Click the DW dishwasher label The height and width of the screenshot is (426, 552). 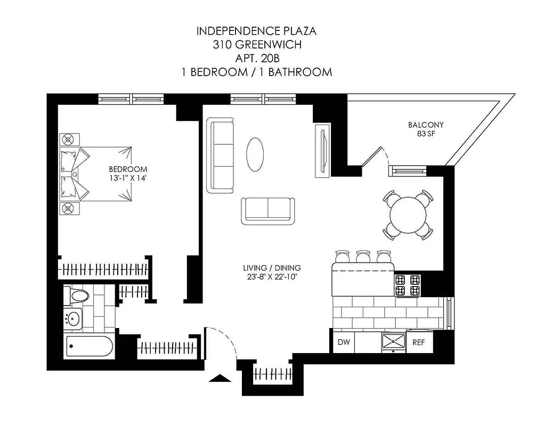tap(344, 342)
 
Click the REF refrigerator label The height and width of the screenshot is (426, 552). tap(419, 342)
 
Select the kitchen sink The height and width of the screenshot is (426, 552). tap(393, 342)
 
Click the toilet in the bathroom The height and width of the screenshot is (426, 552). tap(75, 296)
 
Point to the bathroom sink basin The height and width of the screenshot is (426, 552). tap(73, 319)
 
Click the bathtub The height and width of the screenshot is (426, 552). tap(89, 348)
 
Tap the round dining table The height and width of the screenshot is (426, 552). tap(408, 215)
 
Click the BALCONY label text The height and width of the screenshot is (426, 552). tap(426, 125)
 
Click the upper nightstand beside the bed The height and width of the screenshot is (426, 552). tap(68, 140)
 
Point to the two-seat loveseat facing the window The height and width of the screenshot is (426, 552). tap(268, 210)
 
